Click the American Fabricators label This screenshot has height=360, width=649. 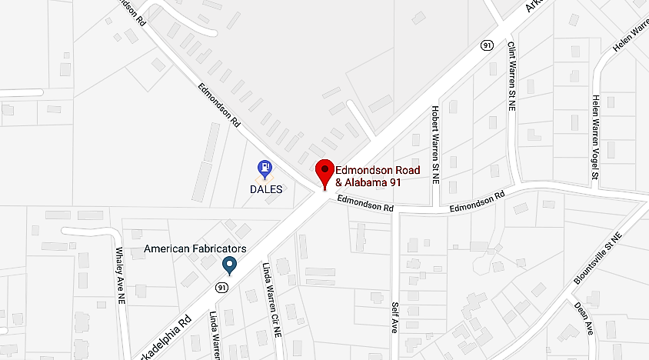pyautogui.click(x=195, y=249)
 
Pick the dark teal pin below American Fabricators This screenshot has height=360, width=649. pyautogui.click(x=229, y=266)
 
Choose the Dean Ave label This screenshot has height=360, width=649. pyautogui.click(x=584, y=317)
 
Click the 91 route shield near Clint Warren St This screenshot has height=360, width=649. pyautogui.click(x=488, y=46)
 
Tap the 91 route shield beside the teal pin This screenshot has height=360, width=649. pyautogui.click(x=221, y=288)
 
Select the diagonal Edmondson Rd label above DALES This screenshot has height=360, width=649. pyautogui.click(x=221, y=106)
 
